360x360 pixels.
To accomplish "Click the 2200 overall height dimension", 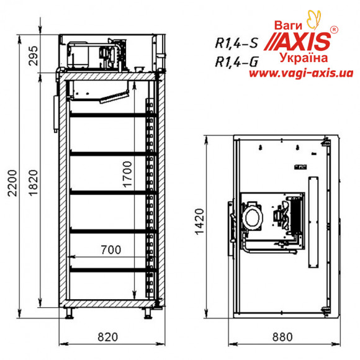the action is [12, 183].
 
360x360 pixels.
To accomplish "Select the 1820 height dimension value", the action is [33, 182].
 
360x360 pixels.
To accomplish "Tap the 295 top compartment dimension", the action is [33, 56].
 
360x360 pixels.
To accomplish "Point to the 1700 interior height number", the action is [127, 174].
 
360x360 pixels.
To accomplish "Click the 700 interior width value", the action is [111, 250].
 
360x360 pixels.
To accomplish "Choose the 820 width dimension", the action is [107, 337].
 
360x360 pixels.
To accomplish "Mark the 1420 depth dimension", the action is [199, 222].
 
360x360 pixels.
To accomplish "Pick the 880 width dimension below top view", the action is [282, 337].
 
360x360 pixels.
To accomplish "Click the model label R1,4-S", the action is [236, 43].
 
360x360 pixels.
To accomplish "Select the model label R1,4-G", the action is [236, 61].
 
